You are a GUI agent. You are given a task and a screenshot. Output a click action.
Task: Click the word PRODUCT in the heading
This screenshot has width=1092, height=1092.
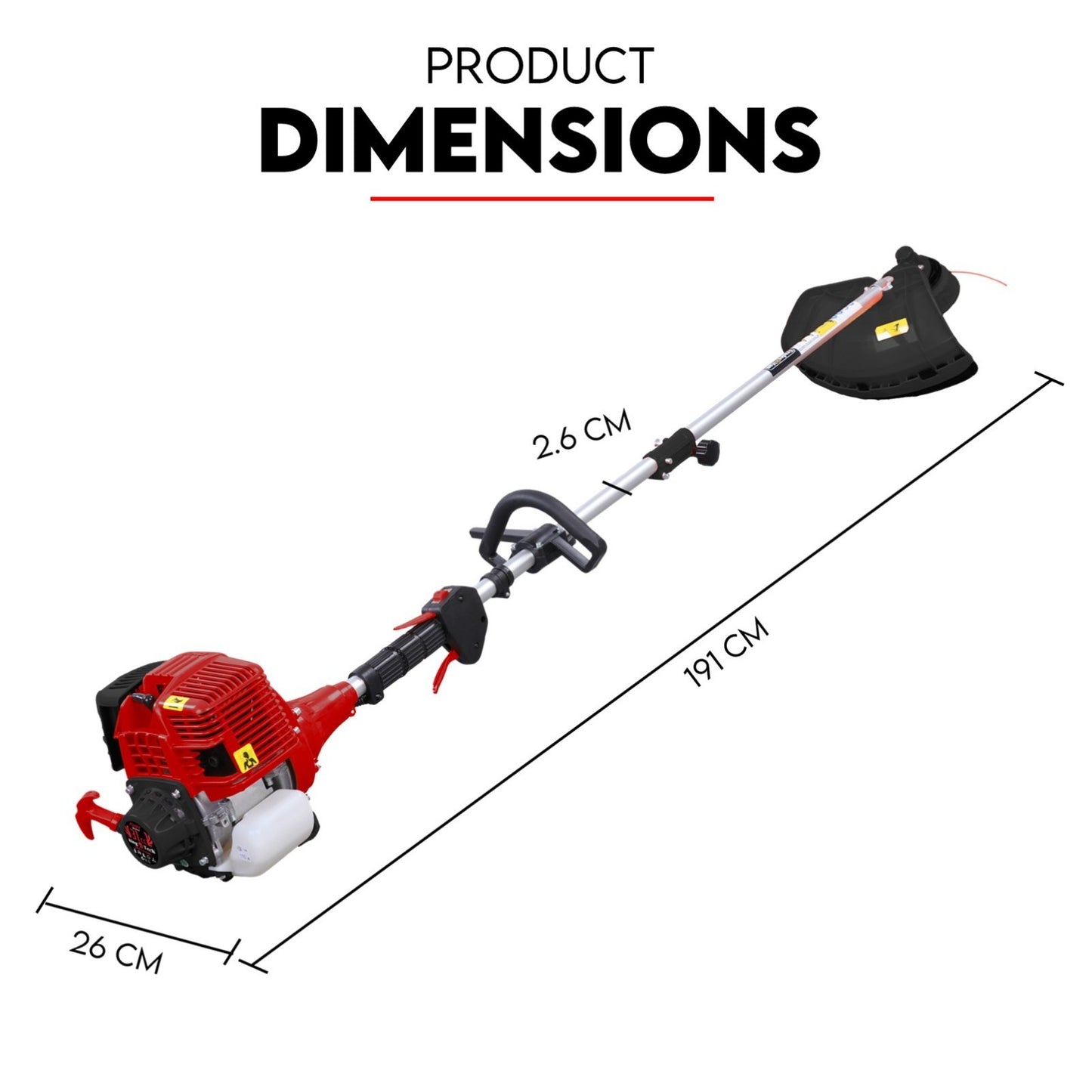click(540, 67)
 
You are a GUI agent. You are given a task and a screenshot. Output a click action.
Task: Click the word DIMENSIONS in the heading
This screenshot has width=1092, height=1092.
click(540, 141)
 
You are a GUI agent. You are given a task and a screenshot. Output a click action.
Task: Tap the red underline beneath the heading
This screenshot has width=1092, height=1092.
click(541, 200)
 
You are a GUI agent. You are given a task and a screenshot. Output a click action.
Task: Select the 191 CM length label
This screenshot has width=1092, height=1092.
click(725, 652)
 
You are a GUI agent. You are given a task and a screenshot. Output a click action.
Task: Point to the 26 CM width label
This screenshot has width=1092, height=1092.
click(116, 951)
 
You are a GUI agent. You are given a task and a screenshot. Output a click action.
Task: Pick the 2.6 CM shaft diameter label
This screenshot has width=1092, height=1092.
click(581, 434)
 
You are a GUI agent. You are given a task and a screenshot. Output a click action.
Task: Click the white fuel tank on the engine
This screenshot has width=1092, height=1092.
click(272, 826)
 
